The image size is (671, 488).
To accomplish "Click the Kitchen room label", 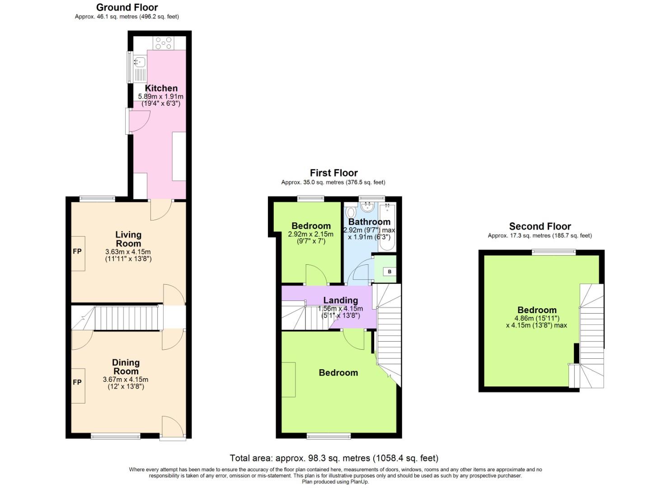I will pos(161,88).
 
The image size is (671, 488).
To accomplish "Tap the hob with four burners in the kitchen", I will pos(164,43).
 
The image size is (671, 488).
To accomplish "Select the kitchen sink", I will pos(140,67).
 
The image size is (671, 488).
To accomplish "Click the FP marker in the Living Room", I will pos(77,251).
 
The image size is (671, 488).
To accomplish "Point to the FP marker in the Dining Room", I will pos(77,382).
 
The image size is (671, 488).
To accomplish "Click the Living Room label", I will pos(128,239).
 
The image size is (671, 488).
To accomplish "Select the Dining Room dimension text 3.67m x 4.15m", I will pos(126,380).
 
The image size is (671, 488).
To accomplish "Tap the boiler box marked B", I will pos(389,272).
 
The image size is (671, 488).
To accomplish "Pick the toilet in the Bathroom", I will pos(351,212).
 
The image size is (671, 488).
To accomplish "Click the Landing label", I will pos(340,300).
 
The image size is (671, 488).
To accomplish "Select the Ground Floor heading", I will pos(127,8).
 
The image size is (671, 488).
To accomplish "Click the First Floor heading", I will pos(333,173).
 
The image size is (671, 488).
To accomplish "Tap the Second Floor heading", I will pos(540,226).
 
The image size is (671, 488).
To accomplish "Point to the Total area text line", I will pos(334,458).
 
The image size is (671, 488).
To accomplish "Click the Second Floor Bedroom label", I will pos(537,310).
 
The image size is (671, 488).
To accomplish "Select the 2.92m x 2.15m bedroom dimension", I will pos(310,234).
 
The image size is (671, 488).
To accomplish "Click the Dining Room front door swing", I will pos(172,427).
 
